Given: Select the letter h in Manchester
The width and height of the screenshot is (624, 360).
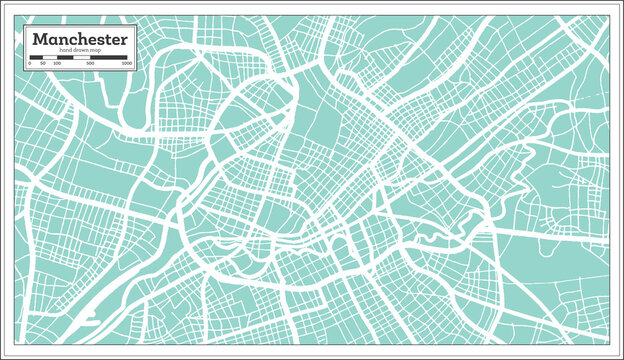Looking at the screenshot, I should tap(77, 38).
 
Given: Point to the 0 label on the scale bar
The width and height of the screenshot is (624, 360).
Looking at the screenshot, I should tap(30, 63).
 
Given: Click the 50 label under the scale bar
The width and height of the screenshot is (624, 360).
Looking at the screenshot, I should tap(43, 63).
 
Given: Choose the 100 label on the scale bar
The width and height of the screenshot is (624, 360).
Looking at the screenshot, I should tap(56, 63).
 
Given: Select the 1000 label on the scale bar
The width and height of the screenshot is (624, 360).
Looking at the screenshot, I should tap(126, 63).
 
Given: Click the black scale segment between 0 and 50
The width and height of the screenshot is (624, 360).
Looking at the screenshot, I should tap(37, 57).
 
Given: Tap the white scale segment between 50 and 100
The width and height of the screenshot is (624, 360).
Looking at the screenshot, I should tap(50, 57).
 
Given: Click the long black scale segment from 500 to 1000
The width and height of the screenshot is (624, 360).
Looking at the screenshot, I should tap(111, 57).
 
